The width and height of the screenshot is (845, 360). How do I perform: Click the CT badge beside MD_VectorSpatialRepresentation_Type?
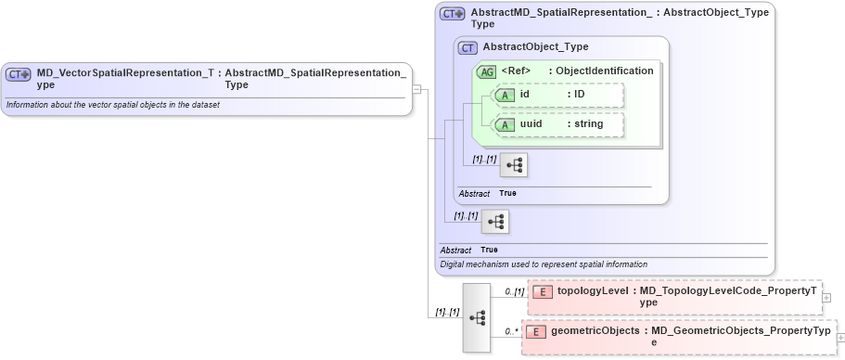(19, 74)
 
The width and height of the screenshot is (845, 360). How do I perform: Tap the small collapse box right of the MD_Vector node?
(417, 89)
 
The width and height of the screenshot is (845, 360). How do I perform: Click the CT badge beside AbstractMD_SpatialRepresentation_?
(453, 14)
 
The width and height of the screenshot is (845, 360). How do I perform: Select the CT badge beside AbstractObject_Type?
(468, 47)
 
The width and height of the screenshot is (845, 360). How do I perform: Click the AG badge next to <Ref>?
(485, 71)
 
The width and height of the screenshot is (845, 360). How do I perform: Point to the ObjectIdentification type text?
(605, 71)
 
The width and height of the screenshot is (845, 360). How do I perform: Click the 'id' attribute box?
(557, 95)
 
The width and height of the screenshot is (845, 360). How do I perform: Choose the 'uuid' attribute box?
(557, 124)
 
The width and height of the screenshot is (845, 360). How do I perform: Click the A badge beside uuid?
(506, 124)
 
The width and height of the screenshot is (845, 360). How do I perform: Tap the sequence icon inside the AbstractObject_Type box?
(513, 166)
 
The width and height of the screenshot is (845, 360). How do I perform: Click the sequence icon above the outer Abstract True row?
(495, 221)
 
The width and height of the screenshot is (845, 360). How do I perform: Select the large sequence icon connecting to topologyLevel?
(476, 317)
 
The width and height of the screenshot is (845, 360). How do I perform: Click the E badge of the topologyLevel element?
(543, 291)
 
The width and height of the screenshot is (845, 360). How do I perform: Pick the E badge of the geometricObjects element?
(536, 331)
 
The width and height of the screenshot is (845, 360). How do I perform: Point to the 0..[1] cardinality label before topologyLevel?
(513, 291)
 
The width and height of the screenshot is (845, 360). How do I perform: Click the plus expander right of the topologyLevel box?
(826, 297)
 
